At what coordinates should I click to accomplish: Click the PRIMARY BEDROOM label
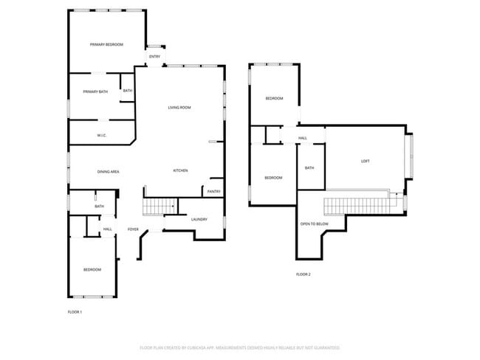(106, 45)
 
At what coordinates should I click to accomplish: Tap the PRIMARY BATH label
(95, 91)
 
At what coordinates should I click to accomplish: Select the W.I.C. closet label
(102, 135)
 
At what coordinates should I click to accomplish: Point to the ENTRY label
(154, 57)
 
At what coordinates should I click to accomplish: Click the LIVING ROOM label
(179, 108)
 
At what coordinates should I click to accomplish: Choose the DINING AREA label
(109, 172)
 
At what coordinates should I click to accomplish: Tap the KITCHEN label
(180, 170)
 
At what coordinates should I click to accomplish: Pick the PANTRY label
(213, 192)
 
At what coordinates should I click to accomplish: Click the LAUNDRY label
(199, 219)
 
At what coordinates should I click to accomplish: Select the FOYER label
(133, 229)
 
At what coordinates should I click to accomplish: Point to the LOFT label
(365, 162)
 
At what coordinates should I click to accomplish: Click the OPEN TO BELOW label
(314, 224)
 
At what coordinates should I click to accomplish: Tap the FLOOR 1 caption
(75, 312)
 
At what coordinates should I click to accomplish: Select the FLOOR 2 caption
(304, 274)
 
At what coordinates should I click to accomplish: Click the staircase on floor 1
(159, 206)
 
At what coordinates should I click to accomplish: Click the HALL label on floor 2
(303, 138)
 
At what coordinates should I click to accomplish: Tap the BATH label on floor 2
(309, 167)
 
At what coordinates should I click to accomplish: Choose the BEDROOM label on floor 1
(92, 269)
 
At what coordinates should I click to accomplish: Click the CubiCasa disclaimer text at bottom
(239, 347)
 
